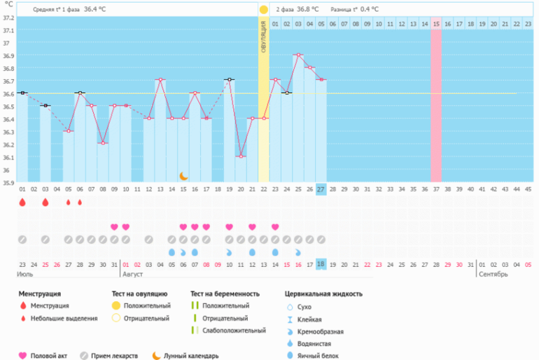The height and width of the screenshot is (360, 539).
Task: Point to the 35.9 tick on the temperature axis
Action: pyautogui.click(x=8, y=183)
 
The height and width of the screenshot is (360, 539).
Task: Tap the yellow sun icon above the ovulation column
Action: pyautogui.click(x=264, y=10)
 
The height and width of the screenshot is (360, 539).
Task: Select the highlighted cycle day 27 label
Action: pyautogui.click(x=321, y=189)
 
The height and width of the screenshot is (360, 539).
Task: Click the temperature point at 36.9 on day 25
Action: pyautogui.click(x=298, y=55)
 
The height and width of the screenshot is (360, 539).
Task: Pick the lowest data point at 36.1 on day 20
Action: pyautogui.click(x=241, y=156)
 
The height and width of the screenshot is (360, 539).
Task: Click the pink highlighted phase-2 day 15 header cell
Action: pyautogui.click(x=436, y=24)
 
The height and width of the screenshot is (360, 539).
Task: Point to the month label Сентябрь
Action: pyautogui.click(x=494, y=274)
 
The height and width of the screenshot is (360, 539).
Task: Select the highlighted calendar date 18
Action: pyautogui.click(x=321, y=263)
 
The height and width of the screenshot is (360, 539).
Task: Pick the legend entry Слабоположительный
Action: pyautogui.click(x=234, y=330)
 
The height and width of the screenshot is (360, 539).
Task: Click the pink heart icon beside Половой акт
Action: pyautogui.click(x=22, y=355)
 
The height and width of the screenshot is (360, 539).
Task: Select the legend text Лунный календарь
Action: pyautogui.click(x=190, y=355)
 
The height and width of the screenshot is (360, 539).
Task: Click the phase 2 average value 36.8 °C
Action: pyautogui.click(x=307, y=10)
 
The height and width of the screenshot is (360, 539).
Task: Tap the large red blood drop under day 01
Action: pyautogui.click(x=22, y=202)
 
